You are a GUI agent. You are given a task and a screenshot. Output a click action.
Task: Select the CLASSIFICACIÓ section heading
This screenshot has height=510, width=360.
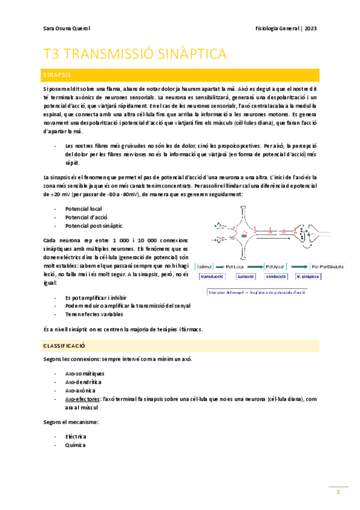[64, 347]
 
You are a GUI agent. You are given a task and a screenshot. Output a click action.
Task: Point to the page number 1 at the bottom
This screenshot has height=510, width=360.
[338, 493]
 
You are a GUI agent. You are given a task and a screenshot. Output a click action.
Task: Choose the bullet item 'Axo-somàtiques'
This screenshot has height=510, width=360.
[85, 373]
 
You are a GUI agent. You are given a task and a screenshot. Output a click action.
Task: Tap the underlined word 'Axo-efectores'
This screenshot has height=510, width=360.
[83, 398]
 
